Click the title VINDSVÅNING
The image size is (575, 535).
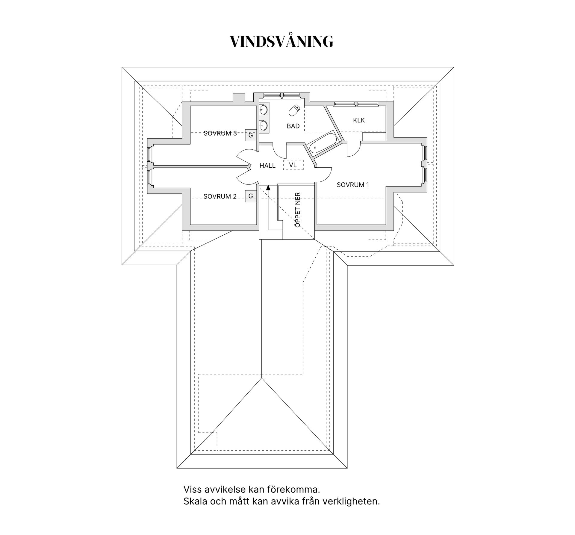pyautogui.click(x=281, y=42)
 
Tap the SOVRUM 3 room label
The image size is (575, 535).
pyautogui.click(x=220, y=133)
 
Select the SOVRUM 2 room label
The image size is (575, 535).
pyautogui.click(x=220, y=196)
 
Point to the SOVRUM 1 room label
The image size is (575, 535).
pyautogui.click(x=353, y=185)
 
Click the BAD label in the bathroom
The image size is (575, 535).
pyautogui.click(x=293, y=126)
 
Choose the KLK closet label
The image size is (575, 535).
pyautogui.click(x=359, y=120)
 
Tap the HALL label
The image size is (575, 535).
pyautogui.click(x=267, y=166)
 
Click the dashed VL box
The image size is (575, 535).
pyautogui.click(x=293, y=165)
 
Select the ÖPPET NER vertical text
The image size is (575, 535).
pyautogui.click(x=298, y=210)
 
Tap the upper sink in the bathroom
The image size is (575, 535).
pyautogui.click(x=263, y=110)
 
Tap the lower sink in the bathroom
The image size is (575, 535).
pyautogui.click(x=263, y=125)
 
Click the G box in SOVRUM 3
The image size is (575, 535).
pyautogui.click(x=251, y=135)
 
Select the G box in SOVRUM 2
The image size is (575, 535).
pyautogui.click(x=251, y=196)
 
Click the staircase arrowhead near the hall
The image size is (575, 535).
pyautogui.click(x=268, y=188)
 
